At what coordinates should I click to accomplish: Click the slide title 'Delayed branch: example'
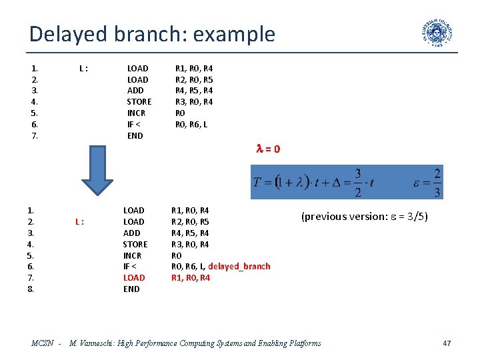pyautogui.click(x=152, y=34)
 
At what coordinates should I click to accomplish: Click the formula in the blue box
pyautogui.click(x=347, y=182)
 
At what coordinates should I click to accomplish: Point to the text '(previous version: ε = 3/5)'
pyautogui.click(x=365, y=216)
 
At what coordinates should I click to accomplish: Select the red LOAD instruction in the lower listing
pyautogui.click(x=134, y=277)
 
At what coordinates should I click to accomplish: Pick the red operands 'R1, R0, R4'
pyautogui.click(x=191, y=277)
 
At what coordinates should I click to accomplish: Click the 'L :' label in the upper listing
pyautogui.click(x=84, y=68)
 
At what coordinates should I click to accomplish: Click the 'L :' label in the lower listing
pyautogui.click(x=79, y=221)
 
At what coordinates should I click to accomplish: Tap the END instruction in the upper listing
pyautogui.click(x=135, y=135)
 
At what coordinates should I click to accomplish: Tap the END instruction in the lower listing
pyautogui.click(x=131, y=289)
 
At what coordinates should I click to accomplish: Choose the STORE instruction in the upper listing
pyautogui.click(x=139, y=101)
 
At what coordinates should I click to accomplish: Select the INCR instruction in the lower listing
pyautogui.click(x=133, y=255)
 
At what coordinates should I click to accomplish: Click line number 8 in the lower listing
pyautogui.click(x=31, y=289)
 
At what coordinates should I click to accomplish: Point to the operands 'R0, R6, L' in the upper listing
pyautogui.click(x=191, y=124)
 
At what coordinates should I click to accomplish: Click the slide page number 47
pyautogui.click(x=447, y=343)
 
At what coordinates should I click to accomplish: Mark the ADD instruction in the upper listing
pyautogui.click(x=135, y=90)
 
